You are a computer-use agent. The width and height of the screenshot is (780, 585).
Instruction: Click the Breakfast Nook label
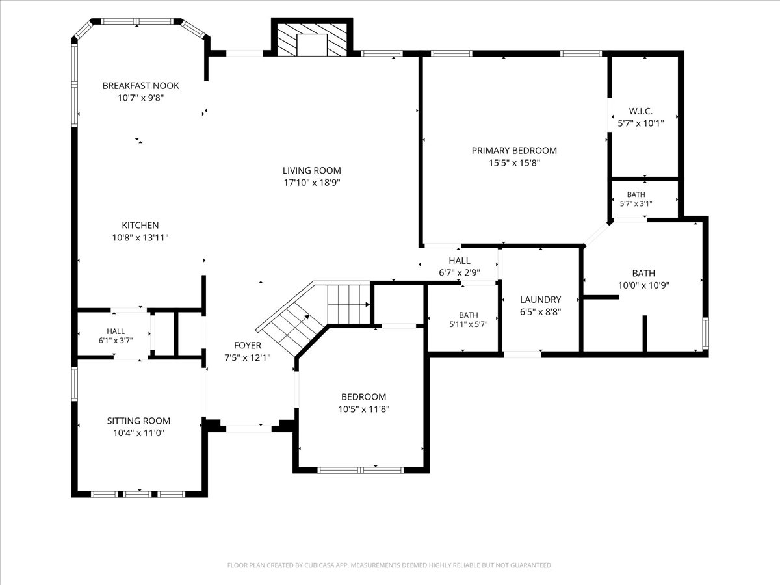point(140,86)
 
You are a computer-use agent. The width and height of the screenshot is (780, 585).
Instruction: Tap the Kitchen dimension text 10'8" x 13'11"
point(140,238)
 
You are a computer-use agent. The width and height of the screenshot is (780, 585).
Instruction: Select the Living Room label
point(311,170)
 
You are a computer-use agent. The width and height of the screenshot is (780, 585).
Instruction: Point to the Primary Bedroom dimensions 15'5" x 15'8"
point(514,163)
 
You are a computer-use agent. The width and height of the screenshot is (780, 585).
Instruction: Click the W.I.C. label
point(641,111)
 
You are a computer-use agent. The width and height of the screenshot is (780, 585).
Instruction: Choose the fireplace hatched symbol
point(311,40)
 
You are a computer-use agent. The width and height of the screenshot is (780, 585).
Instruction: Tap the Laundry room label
point(541,300)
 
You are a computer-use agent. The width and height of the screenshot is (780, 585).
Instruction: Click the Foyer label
point(248,345)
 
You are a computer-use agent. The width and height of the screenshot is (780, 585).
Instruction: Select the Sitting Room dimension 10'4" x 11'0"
point(138,433)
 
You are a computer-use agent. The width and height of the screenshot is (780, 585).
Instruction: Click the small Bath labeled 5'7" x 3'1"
point(636,199)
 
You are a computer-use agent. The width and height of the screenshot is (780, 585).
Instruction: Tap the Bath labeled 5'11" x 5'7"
point(469,319)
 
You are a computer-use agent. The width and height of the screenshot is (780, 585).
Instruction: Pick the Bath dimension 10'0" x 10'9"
point(643,285)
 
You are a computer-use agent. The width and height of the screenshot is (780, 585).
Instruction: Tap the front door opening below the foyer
point(249,429)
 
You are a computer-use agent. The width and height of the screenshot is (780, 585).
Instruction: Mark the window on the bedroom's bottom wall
point(361,470)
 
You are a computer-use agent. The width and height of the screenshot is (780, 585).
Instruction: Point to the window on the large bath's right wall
point(705,333)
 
